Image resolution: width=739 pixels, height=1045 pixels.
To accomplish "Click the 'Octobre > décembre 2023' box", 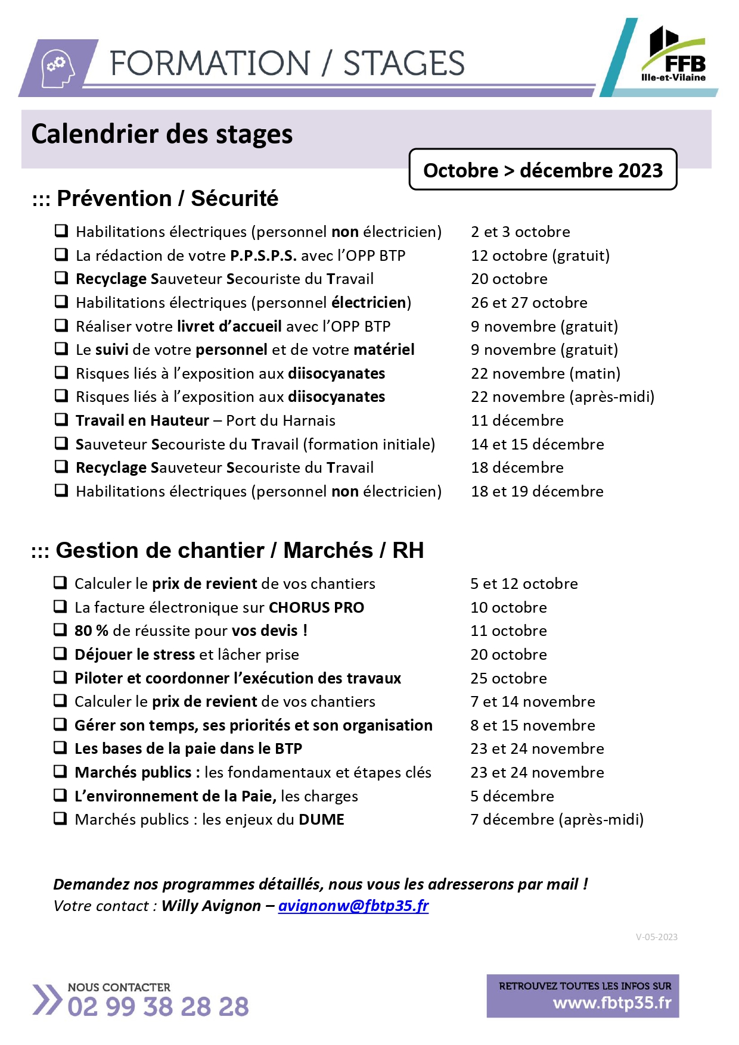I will (542, 170).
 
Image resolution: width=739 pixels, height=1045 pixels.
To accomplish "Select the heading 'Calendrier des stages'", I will (162, 135).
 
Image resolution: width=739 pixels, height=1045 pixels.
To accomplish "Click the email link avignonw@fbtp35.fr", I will (353, 906).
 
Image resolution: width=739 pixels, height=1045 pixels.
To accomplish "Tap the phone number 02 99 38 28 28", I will (158, 1006).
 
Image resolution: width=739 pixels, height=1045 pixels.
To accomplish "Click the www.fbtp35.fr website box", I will (582, 996).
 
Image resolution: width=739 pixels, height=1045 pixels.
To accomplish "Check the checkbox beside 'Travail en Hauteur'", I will (61, 419).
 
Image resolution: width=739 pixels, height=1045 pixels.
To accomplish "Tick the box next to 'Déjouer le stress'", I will (60, 653).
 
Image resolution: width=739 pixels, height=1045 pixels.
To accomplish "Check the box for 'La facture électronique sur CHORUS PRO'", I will (60, 606).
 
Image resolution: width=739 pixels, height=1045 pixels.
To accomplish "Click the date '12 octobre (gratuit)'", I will (540, 255).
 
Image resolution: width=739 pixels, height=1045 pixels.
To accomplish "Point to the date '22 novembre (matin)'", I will (545, 373).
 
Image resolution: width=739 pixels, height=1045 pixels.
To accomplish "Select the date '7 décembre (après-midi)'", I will (557, 819).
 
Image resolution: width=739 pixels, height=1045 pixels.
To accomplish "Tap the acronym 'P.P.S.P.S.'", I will (263, 255).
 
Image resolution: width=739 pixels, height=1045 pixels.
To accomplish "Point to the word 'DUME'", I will (321, 820).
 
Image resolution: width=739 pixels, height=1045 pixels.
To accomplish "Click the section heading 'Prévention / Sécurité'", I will (167, 198).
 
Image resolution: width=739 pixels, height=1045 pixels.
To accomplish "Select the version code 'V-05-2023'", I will (656, 937).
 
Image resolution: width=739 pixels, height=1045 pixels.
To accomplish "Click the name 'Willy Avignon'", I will (211, 906).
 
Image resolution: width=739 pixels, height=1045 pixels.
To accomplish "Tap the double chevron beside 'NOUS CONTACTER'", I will (46, 999).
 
